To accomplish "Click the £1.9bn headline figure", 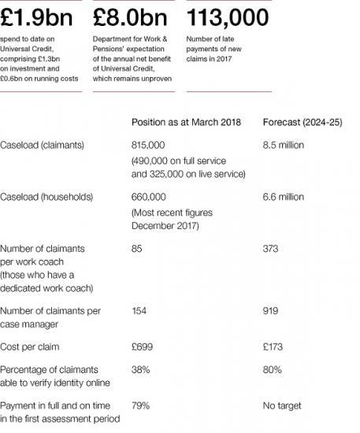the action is tap(39, 16).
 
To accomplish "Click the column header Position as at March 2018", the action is tap(185, 122).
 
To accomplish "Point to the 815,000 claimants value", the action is tap(148, 146).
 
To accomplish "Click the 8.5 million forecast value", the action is tap(283, 146).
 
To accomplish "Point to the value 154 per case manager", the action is tap(139, 311).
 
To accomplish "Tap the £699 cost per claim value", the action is tap(142, 347).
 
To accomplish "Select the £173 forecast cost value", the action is tap(273, 347).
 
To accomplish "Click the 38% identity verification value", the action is tap(140, 369).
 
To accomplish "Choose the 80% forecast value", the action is tap(273, 369).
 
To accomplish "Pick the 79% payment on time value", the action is tap(140, 405).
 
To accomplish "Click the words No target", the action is tap(283, 405).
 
